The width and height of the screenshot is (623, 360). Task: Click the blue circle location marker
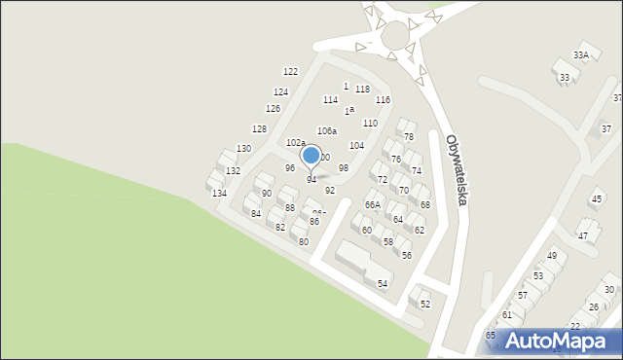311,155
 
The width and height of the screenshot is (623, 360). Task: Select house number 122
290,72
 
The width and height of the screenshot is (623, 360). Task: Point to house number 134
220,194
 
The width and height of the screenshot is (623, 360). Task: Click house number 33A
581,55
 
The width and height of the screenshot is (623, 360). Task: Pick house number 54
383,283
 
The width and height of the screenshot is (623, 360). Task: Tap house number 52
424,304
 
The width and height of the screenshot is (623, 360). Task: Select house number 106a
327,130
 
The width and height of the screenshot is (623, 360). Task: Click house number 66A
373,205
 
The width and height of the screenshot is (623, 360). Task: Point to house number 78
409,136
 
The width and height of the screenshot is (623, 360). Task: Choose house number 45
597,199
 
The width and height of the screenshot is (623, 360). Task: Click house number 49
551,255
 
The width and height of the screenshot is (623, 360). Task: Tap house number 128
259,128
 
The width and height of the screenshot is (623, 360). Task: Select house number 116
383,100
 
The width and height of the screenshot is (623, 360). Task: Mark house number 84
256,213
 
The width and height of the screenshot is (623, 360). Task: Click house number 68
425,204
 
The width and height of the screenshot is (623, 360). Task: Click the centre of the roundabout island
395,35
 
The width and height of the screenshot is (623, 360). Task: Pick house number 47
583,235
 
